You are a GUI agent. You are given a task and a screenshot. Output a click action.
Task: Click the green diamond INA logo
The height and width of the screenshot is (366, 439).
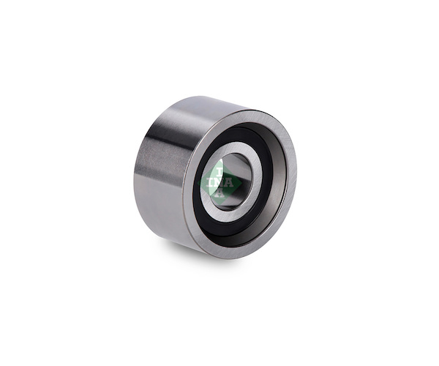[219, 182]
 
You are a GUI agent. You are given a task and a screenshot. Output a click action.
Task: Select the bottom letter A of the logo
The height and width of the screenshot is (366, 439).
[220, 193]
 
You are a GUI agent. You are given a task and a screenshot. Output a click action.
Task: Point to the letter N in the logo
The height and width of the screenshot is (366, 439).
[219, 182]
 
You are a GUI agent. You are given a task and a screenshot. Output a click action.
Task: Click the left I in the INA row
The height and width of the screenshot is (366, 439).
[210, 182]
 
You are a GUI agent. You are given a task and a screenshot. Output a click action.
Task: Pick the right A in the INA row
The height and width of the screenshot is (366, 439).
[229, 182]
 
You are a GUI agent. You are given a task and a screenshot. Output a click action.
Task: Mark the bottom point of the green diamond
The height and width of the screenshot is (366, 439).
[219, 203]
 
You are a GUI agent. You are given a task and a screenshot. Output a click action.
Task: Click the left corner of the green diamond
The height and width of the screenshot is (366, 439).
[198, 182]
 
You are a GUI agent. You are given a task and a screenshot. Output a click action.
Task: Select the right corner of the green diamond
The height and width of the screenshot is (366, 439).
[241, 182]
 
